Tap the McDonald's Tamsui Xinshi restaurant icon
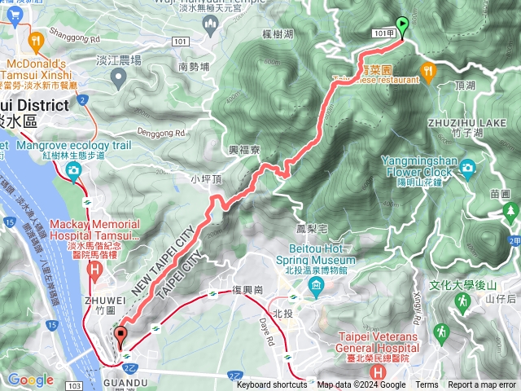[35, 40]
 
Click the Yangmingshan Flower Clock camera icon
[467, 168]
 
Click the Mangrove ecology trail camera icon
[74, 170]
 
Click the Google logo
[30, 380]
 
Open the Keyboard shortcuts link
[271, 385]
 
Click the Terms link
[427, 385]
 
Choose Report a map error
[482, 385]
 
